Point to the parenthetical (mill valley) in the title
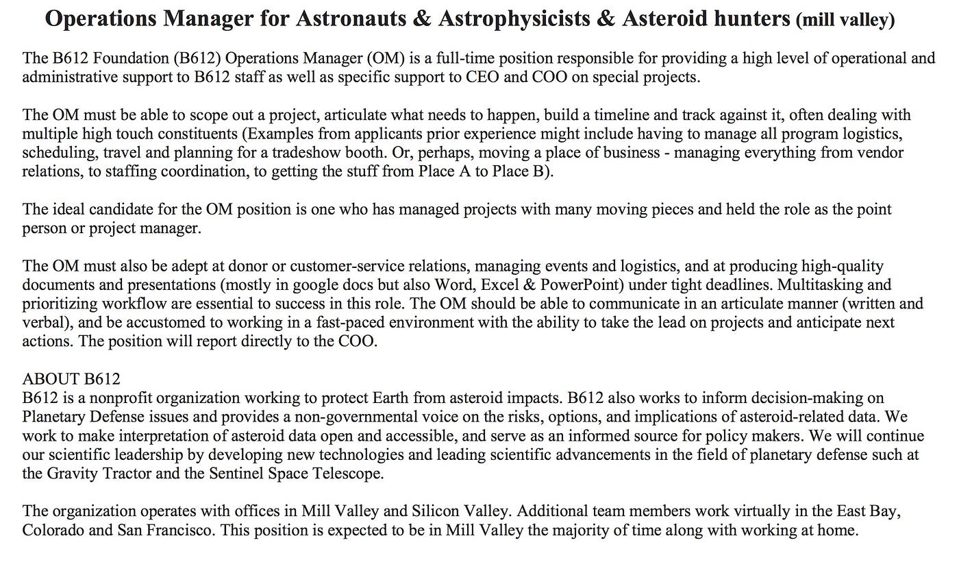(x=845, y=21)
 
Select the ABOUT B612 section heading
(x=71, y=379)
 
